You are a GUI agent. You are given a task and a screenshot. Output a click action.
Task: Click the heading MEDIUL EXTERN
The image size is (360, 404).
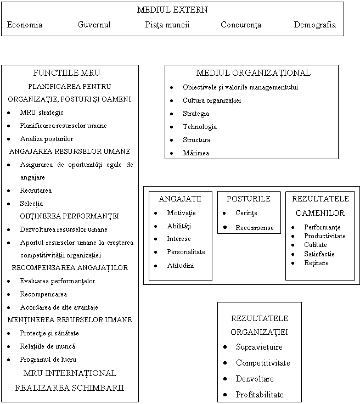(x=172, y=10)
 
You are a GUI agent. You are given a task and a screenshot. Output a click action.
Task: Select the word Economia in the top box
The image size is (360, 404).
(x=25, y=25)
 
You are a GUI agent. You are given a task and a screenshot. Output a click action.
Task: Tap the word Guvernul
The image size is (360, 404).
(x=94, y=25)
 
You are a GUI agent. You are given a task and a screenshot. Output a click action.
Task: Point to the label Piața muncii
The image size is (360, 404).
(x=167, y=25)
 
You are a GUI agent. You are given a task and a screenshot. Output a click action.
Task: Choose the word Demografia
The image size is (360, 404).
(x=314, y=25)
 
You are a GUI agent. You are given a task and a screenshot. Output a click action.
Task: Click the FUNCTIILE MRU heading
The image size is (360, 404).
(x=70, y=72)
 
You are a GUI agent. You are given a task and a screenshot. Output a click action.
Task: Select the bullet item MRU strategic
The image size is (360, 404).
(x=41, y=113)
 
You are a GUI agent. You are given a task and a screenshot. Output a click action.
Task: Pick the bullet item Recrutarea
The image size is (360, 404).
(x=36, y=190)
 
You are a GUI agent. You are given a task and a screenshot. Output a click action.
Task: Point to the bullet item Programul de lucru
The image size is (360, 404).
(x=49, y=359)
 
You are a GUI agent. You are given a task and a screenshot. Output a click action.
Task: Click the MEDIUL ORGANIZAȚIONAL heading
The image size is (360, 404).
(x=253, y=72)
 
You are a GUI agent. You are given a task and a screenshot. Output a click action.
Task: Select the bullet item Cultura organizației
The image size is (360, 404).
(x=211, y=100)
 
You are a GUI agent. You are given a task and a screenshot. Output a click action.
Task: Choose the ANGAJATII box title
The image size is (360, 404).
(x=180, y=198)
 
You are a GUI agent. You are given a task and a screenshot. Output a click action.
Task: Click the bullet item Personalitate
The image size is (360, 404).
(x=186, y=252)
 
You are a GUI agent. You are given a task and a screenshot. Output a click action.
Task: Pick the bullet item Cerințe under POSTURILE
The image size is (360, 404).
(x=245, y=213)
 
